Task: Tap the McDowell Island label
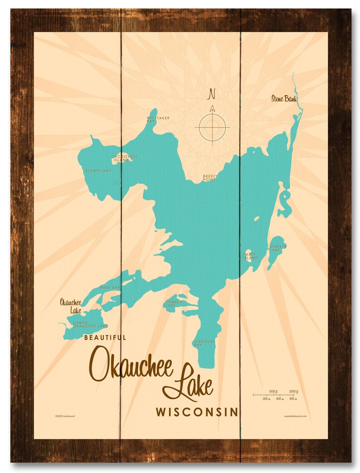tap(125, 157)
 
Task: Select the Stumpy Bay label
tap(98, 171)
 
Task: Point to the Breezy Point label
tap(210, 177)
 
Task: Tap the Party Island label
tap(250, 256)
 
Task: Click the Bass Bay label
tap(110, 288)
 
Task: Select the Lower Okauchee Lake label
tap(90, 324)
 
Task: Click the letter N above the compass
tap(211, 94)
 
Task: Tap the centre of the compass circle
tap(212, 127)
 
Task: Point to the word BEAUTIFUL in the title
tap(105, 337)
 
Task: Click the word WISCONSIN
tap(197, 412)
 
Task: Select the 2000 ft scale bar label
tap(293, 391)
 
